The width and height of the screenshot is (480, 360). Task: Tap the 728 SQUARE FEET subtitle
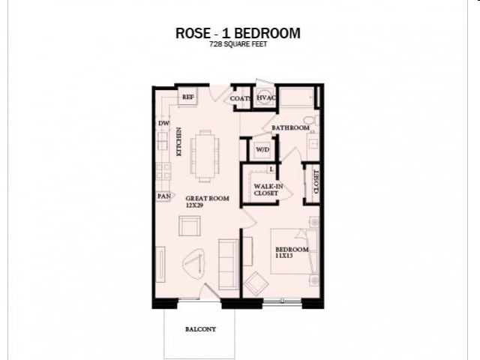(238, 45)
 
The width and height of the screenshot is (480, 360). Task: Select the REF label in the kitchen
(187, 97)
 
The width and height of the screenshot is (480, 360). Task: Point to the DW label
(163, 123)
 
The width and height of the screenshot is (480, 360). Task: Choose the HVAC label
(265, 98)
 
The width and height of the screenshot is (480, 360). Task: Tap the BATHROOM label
(290, 128)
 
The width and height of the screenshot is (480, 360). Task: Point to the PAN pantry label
(163, 196)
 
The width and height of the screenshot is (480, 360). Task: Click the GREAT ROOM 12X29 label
(207, 202)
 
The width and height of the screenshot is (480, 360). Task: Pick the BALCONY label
(200, 329)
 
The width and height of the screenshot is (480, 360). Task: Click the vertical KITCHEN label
(178, 142)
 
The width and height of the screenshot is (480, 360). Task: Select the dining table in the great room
(205, 155)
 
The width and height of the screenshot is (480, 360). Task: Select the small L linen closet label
(271, 169)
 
